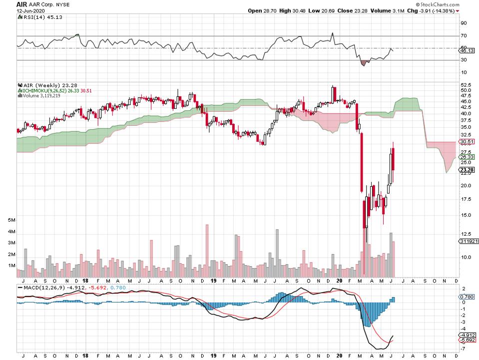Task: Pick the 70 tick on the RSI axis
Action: click(464, 36)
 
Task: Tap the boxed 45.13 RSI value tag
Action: click(466, 50)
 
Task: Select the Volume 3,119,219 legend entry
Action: click(42, 95)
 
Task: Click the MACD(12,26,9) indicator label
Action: click(40, 288)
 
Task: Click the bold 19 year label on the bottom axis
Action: click(214, 281)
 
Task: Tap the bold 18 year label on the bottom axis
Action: click(85, 281)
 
